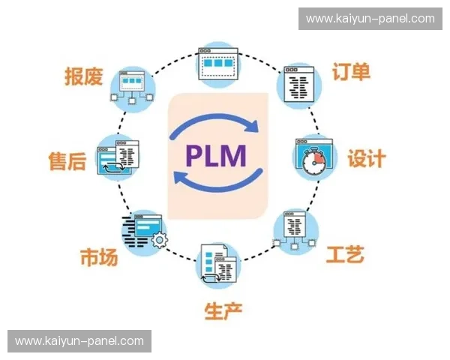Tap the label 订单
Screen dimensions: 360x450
coord(351,73)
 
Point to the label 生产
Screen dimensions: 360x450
coord(223,310)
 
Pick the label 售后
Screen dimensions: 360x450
coord(67,160)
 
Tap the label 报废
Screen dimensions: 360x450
coord(83,77)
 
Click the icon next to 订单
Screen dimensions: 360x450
coord(299,84)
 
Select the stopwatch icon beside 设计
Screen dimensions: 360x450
coord(311,157)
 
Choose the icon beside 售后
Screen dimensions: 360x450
coord(119,158)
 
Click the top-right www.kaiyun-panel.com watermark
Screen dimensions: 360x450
coord(370,19)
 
